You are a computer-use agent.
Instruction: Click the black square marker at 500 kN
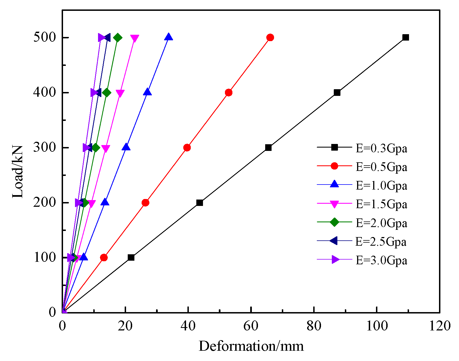406,38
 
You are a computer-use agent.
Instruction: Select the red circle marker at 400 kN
229,93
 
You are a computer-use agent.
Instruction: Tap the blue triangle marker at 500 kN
169,37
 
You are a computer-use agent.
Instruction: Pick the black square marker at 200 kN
199,203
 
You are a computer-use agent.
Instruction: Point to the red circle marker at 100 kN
104,258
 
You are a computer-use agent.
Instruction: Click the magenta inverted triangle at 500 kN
134,38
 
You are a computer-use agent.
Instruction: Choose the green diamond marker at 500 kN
117,38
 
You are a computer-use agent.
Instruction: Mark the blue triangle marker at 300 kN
126,147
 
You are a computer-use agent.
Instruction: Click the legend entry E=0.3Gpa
381,148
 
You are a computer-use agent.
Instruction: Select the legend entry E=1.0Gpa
381,186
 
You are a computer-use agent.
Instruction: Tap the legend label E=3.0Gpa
381,260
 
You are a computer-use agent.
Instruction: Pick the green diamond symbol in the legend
335,222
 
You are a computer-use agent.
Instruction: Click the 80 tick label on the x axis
314,326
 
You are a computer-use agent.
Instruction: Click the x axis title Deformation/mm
251,346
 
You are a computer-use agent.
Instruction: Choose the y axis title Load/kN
18,172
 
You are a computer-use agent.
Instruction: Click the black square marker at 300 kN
268,148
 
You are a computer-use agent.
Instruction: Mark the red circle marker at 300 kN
187,148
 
